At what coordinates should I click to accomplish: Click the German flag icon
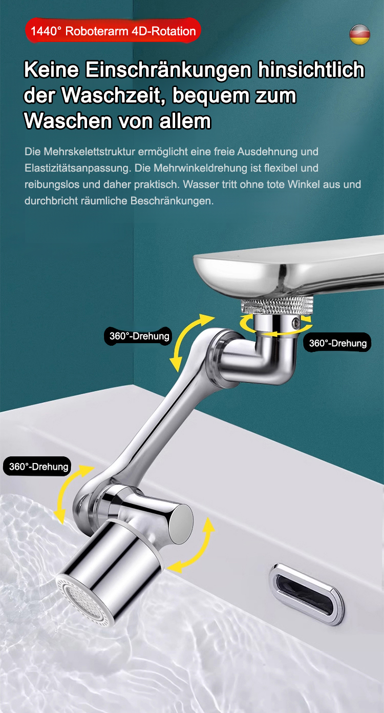(x=360, y=34)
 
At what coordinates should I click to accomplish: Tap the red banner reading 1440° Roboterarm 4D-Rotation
(x=113, y=31)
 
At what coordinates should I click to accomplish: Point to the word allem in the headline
(x=185, y=121)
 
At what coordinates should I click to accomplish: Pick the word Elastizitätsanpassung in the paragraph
(x=78, y=168)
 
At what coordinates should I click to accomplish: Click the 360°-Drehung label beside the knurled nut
(x=337, y=343)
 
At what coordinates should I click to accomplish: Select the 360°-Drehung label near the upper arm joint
(x=139, y=336)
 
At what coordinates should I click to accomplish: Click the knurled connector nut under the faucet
(x=277, y=305)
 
